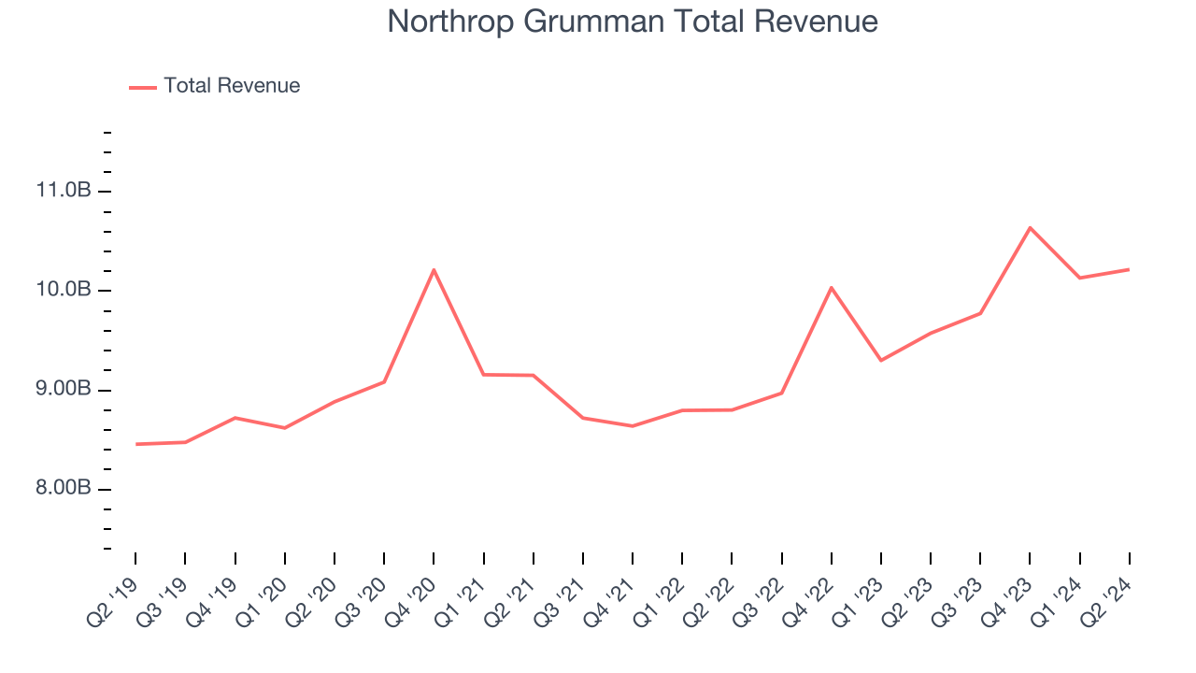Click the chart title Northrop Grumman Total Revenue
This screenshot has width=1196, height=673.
pos(633,21)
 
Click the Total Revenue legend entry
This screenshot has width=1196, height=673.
pos(232,86)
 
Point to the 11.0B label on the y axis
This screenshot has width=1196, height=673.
pos(64,192)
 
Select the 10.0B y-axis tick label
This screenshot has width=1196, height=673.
pos(64,291)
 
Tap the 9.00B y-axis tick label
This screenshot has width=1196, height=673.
pos(64,391)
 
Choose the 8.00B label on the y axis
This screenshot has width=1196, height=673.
pos(64,490)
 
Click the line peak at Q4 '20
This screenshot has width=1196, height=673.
pos(434,270)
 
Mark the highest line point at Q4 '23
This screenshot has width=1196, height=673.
pos(1030,228)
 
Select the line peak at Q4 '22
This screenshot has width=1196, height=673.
pos(831,288)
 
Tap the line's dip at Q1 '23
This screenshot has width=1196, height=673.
pos(881,360)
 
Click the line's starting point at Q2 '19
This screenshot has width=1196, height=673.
pos(136,444)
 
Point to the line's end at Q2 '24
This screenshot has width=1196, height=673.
pos(1129,269)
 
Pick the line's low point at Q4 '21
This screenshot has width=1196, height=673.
pos(633,426)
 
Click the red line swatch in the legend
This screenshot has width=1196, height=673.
pos(143,87)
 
